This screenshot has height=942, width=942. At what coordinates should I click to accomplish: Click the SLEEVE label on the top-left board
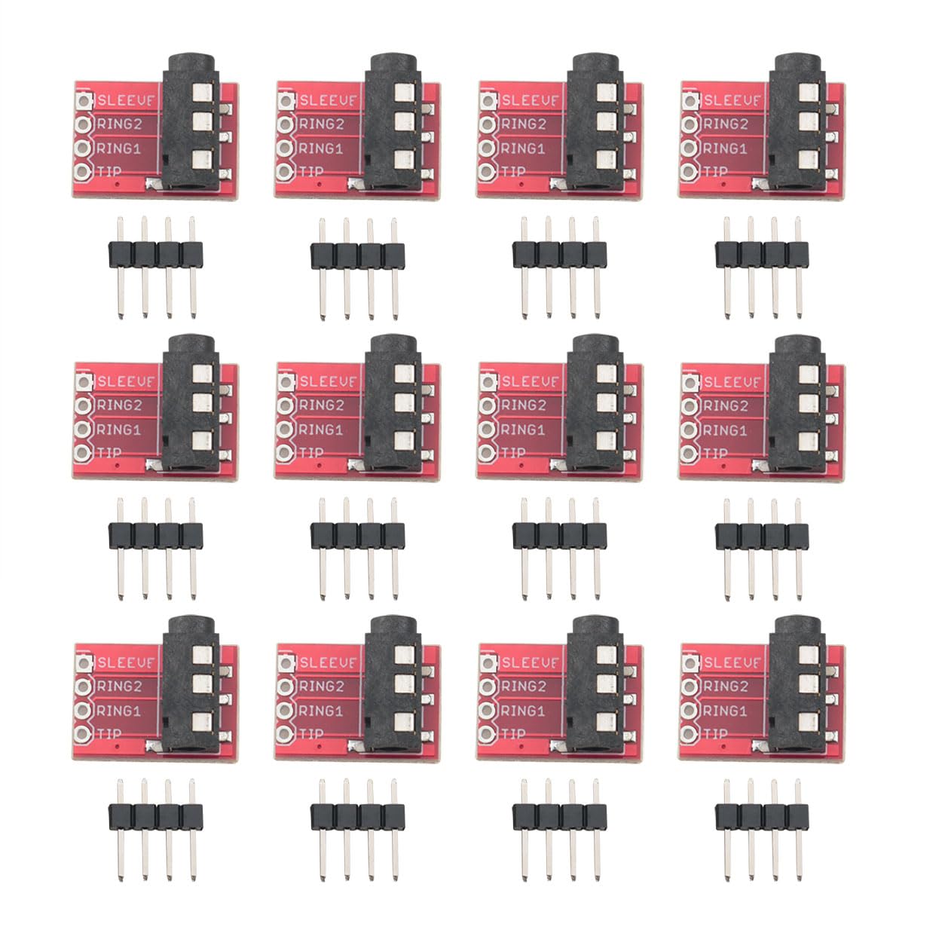[x=125, y=100]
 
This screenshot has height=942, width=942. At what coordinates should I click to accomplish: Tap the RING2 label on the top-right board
[x=726, y=124]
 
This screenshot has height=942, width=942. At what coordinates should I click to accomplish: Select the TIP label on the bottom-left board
[x=110, y=733]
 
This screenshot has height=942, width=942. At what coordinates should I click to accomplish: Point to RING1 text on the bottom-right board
[x=724, y=711]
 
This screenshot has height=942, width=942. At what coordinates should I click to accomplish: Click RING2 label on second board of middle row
[x=322, y=405]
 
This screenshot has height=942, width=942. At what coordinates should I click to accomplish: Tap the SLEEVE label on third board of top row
[x=530, y=100]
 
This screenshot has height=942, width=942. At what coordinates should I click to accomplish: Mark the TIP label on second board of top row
[x=312, y=172]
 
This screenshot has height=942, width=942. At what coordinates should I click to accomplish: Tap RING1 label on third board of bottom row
[x=522, y=711]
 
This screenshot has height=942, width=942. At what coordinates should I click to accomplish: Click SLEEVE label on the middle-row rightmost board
[x=732, y=381]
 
